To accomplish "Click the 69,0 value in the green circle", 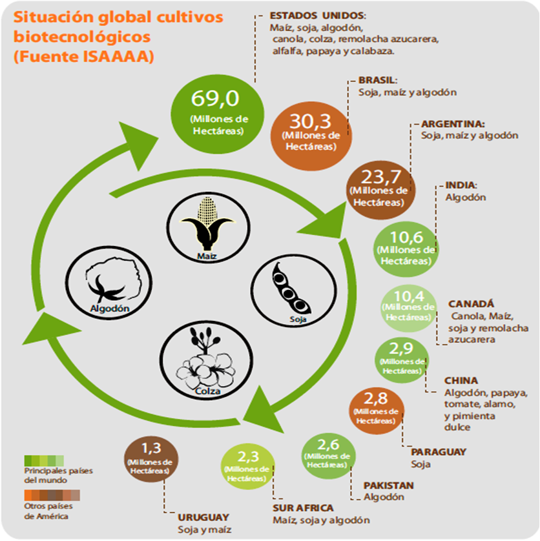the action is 215,99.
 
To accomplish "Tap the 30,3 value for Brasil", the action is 311,120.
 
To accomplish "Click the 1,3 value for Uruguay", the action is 150,447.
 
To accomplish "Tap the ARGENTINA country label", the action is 453,123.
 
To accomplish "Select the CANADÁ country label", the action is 471,303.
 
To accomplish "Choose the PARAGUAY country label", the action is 438,452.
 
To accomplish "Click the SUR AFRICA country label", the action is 303,508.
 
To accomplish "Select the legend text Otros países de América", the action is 46,511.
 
